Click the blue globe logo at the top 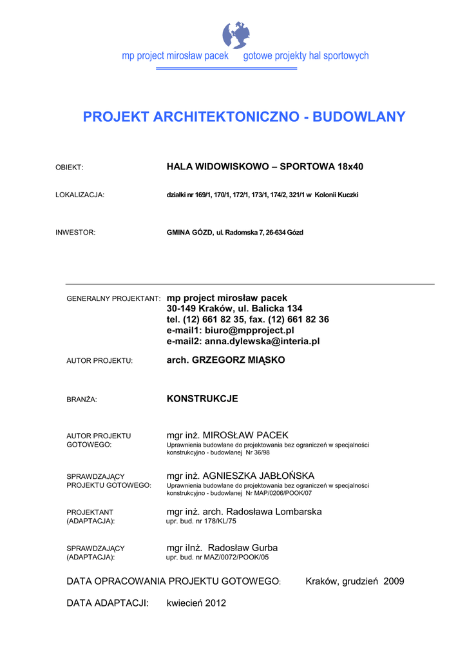(236, 35)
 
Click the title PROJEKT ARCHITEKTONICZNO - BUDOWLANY (244, 117)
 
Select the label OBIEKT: (70, 168)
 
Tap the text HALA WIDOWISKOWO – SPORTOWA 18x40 (265, 167)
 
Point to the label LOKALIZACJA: (80, 195)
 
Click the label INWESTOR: (75, 233)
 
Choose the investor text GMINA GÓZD (189, 233)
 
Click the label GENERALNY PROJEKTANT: (113, 299)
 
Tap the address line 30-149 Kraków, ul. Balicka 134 (234, 309)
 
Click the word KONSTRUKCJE (202, 399)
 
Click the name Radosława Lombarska (273, 512)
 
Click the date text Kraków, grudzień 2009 (354, 581)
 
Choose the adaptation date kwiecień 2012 (196, 603)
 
